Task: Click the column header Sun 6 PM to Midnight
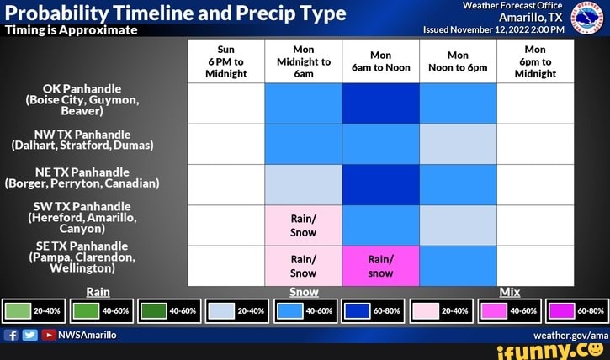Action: pos(225,61)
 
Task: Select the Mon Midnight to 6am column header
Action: pos(303,61)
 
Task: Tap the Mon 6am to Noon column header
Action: pos(380,61)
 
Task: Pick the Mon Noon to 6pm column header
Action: pos(458,61)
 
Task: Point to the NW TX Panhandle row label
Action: pos(82,139)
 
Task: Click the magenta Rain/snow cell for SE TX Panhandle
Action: pos(380,266)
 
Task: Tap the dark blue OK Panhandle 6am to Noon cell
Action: pos(380,103)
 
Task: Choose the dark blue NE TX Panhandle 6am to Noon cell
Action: pos(380,184)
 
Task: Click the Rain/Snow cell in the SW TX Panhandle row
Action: pos(303,225)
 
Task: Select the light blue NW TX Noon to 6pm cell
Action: pos(458,144)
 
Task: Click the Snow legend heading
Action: pos(303,292)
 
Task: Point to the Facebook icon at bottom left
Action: pos(11,335)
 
